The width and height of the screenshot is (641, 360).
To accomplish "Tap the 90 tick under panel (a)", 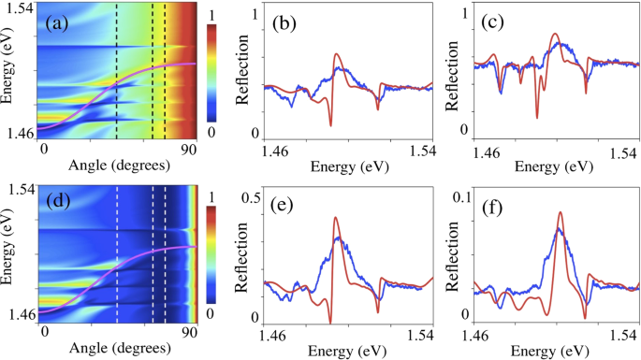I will [x=188, y=149].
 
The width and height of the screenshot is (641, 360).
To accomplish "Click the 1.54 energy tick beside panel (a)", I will [x=20, y=8].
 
